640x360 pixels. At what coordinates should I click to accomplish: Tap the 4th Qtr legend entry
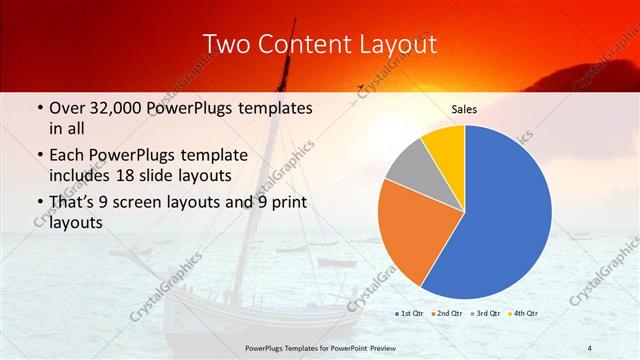click(525, 314)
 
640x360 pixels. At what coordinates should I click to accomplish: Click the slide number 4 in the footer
click(590, 347)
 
